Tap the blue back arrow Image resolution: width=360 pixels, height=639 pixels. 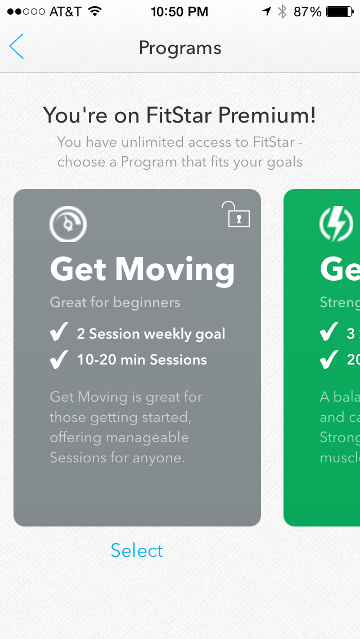(x=17, y=47)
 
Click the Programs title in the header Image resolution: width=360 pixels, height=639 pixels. (x=180, y=48)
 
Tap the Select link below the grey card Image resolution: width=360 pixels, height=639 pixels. (x=137, y=550)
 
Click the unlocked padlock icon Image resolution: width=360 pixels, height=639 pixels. (x=237, y=215)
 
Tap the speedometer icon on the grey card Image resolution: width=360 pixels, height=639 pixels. (x=67, y=223)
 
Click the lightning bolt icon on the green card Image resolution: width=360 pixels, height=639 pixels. (x=336, y=223)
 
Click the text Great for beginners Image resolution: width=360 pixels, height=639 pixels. (x=115, y=302)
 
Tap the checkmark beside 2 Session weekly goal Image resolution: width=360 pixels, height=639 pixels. (x=58, y=334)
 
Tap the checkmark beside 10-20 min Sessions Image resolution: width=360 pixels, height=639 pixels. (x=58, y=360)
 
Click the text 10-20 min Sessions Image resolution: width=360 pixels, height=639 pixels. (x=142, y=360)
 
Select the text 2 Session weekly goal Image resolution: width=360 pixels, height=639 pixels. (x=151, y=334)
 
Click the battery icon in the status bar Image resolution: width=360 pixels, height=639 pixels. (x=339, y=11)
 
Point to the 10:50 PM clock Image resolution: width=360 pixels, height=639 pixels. (x=180, y=11)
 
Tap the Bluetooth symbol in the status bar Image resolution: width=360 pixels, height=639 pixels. (x=282, y=11)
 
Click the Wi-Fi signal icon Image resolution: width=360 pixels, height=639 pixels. (x=95, y=11)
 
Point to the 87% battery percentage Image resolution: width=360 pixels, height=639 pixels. (x=307, y=11)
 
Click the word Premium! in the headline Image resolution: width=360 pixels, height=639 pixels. (x=267, y=115)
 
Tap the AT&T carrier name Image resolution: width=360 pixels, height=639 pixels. (x=65, y=11)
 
